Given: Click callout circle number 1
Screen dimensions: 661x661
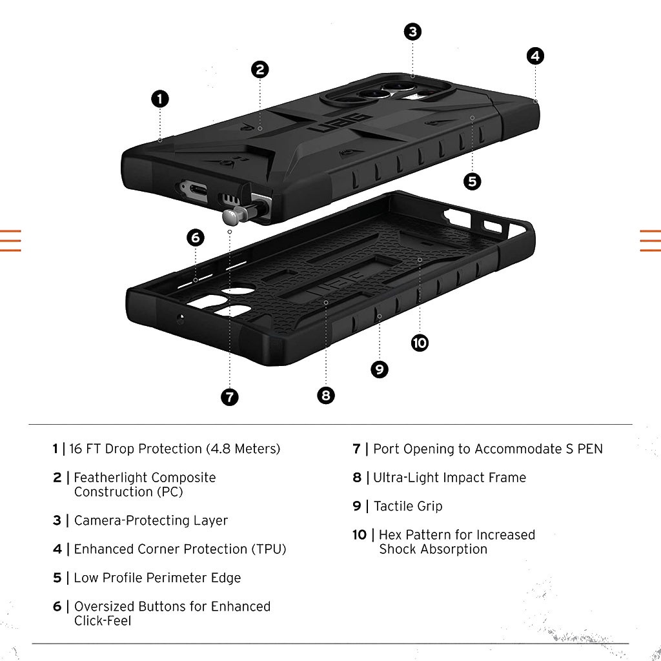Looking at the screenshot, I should (x=160, y=99).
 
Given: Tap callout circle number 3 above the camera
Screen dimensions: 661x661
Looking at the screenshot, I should (x=413, y=32).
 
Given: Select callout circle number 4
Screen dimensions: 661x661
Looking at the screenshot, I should (x=534, y=56).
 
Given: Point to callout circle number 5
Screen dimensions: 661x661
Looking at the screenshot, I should (x=473, y=181).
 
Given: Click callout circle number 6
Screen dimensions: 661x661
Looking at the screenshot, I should (x=196, y=238).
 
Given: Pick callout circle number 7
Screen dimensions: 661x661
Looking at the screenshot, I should (x=229, y=397).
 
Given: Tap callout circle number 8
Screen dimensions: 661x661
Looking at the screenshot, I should (x=326, y=395).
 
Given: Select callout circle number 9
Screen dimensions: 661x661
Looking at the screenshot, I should (x=380, y=369).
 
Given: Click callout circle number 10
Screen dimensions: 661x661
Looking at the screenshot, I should (x=420, y=343).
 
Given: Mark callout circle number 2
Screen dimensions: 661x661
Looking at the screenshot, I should (x=259, y=70).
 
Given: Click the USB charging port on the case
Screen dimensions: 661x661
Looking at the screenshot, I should (x=193, y=190).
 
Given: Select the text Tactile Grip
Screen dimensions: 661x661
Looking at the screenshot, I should (x=408, y=506).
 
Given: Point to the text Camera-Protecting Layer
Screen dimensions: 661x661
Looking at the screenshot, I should (x=151, y=520).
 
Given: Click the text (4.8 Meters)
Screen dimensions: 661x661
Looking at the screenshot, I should (x=243, y=449).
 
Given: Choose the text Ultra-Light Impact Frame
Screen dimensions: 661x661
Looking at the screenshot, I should (x=449, y=478).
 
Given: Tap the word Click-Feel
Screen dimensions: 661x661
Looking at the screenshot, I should (x=103, y=621).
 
